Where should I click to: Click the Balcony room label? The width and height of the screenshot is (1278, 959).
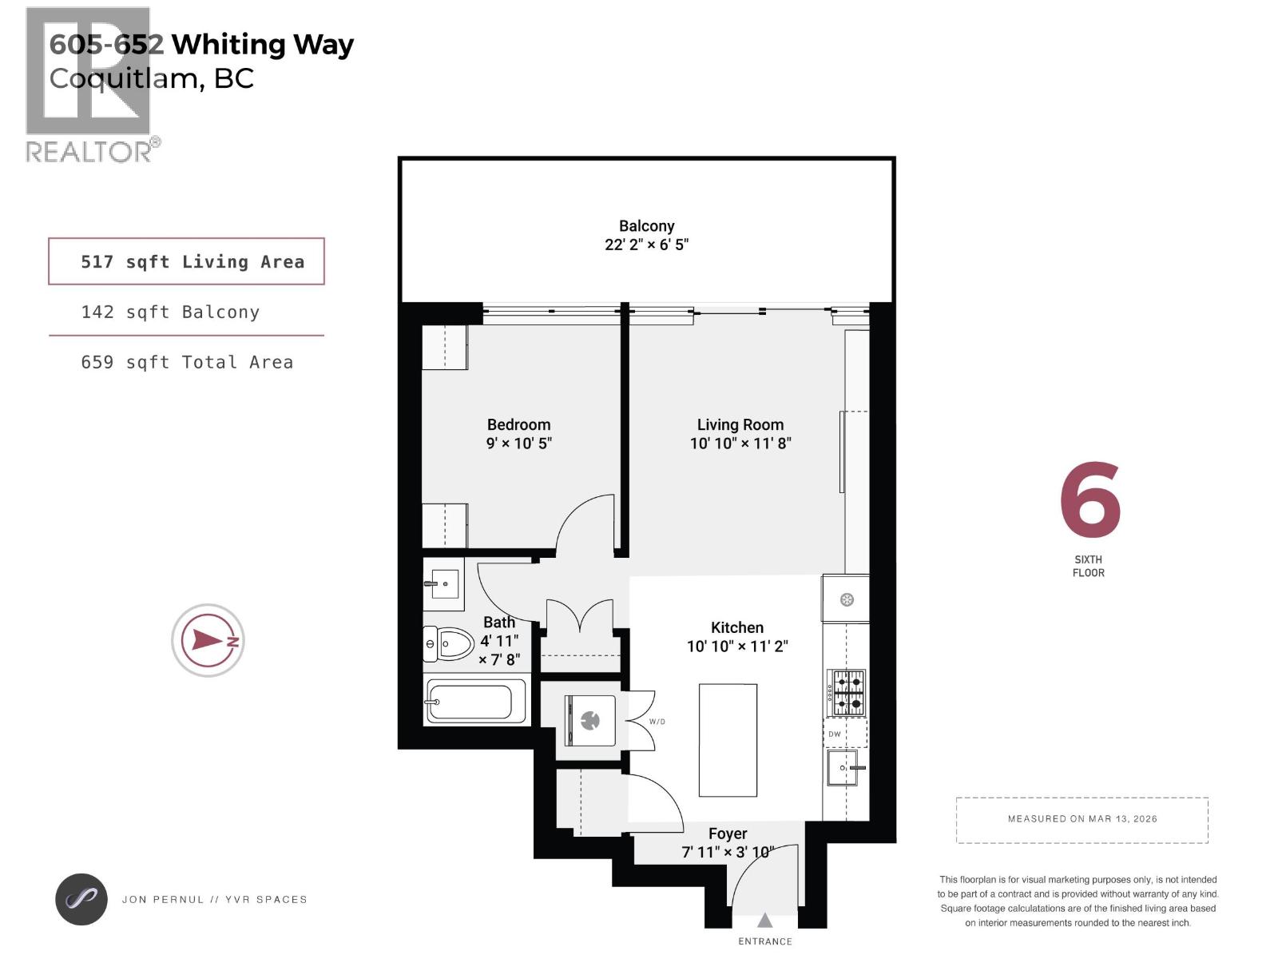pyautogui.click(x=646, y=226)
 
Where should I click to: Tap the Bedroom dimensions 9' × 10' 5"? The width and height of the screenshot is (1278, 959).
pyautogui.click(x=518, y=444)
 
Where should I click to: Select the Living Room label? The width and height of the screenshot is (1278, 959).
pyautogui.click(x=740, y=424)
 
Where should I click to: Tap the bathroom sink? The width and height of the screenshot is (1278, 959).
pyautogui.click(x=442, y=583)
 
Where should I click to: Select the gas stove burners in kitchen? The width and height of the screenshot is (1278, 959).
pyautogui.click(x=847, y=693)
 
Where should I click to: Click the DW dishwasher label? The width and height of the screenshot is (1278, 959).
pyautogui.click(x=834, y=734)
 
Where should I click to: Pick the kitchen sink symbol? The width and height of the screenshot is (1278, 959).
pyautogui.click(x=842, y=768)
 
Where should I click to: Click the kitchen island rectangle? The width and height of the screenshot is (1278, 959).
pyautogui.click(x=728, y=740)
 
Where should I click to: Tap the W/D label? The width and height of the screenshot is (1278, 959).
pyautogui.click(x=657, y=722)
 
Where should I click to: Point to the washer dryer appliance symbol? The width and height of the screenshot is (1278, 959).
pyautogui.click(x=590, y=721)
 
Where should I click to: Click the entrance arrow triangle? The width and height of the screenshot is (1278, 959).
pyautogui.click(x=764, y=921)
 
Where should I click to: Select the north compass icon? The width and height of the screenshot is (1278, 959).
pyautogui.click(x=208, y=640)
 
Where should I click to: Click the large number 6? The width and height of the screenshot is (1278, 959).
pyautogui.click(x=1089, y=500)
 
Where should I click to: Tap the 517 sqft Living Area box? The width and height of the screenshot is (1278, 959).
pyautogui.click(x=186, y=261)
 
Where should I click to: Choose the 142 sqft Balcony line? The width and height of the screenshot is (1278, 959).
pyautogui.click(x=170, y=312)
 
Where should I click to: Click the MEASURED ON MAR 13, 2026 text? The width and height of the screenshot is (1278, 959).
pyautogui.click(x=1082, y=819)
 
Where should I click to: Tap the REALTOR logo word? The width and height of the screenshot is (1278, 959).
pyautogui.click(x=89, y=152)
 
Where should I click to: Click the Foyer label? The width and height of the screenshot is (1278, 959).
pyautogui.click(x=727, y=834)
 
